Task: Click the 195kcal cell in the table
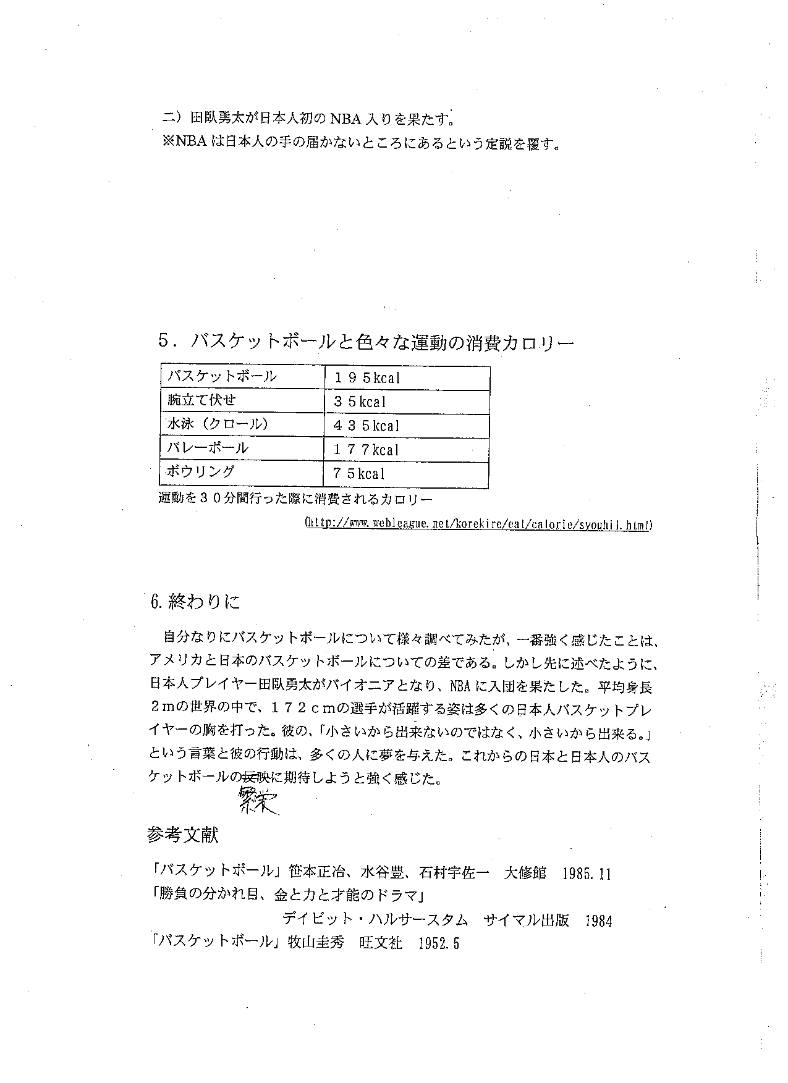click(x=367, y=377)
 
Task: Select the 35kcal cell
click(x=360, y=402)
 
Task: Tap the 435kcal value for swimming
click(x=367, y=426)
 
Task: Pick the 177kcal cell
click(x=366, y=450)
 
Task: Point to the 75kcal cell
click(x=359, y=474)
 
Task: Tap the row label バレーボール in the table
click(x=207, y=449)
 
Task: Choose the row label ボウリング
click(x=201, y=472)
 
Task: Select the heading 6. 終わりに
click(x=195, y=602)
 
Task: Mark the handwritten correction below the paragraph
click(x=256, y=801)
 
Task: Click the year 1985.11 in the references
click(x=587, y=874)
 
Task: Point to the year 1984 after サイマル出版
click(x=598, y=921)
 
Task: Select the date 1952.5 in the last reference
click(x=439, y=943)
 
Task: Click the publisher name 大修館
click(x=525, y=873)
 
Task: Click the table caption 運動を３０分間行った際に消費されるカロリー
click(x=295, y=498)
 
